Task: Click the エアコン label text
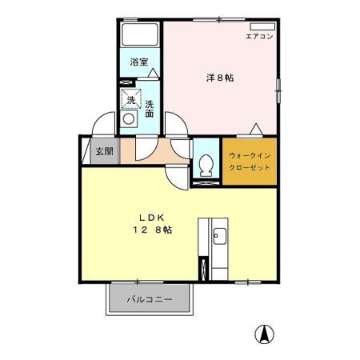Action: (x=259, y=37)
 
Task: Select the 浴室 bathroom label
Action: (x=139, y=61)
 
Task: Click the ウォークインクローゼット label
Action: (x=250, y=162)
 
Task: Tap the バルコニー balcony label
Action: (x=151, y=300)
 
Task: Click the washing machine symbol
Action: (x=129, y=99)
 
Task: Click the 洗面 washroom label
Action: (x=150, y=108)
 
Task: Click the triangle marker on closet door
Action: (x=256, y=128)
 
